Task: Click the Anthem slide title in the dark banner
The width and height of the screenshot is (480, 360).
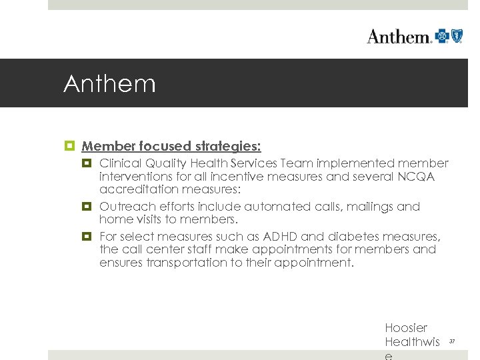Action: (109, 84)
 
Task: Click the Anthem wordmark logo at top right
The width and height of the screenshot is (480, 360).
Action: (399, 36)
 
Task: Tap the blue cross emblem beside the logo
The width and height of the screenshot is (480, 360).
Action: (442, 35)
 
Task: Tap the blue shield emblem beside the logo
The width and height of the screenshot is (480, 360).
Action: (457, 35)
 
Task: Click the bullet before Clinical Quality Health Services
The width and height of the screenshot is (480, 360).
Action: (87, 163)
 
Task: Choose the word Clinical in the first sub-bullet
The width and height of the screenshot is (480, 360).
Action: (119, 163)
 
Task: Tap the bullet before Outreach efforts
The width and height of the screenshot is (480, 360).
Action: (87, 207)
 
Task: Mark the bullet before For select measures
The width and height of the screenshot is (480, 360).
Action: (87, 237)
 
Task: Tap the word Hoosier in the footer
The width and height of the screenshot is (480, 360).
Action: (406, 327)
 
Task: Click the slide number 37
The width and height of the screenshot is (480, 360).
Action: (451, 341)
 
